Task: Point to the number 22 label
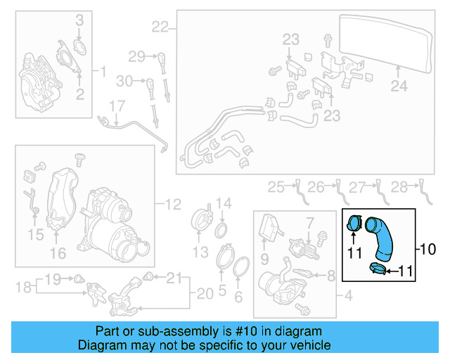(x=160, y=27)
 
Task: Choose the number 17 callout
(x=116, y=106)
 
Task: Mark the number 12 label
(x=174, y=205)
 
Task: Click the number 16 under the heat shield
(x=58, y=252)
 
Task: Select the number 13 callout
(x=201, y=252)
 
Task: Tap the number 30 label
(x=124, y=82)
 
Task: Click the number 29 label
(x=136, y=56)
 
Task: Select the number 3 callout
(x=79, y=18)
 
